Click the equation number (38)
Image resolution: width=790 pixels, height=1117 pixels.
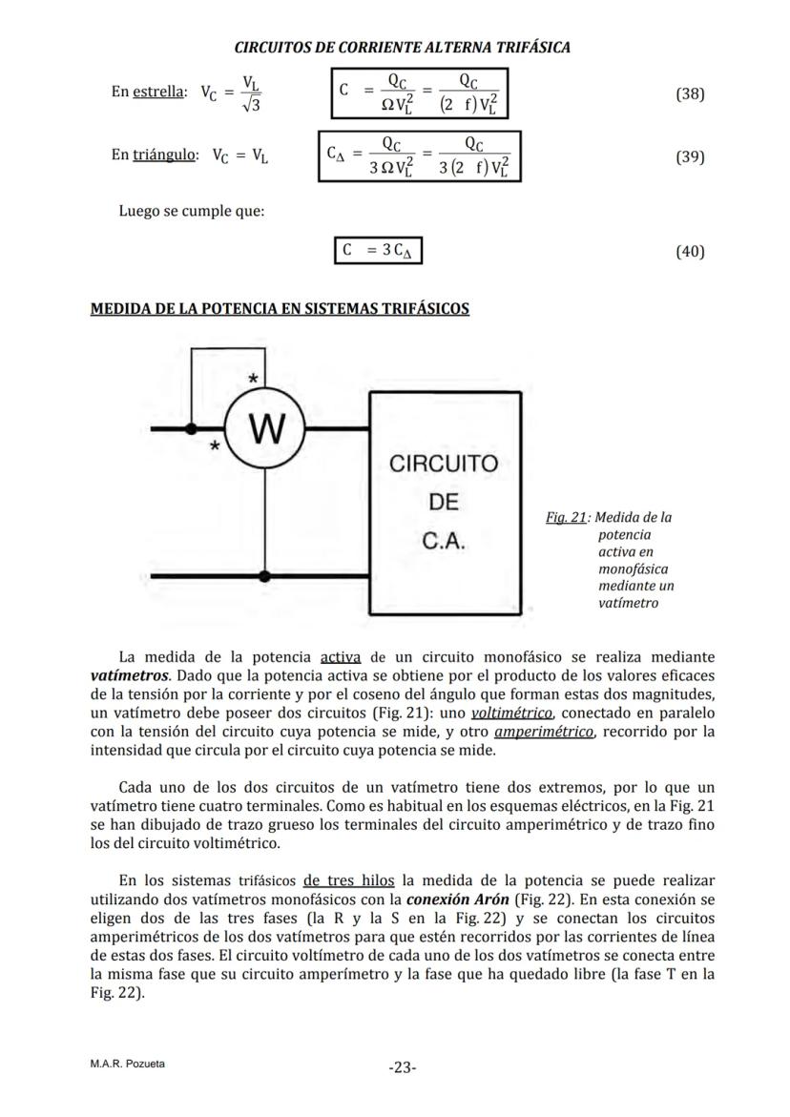(x=689, y=94)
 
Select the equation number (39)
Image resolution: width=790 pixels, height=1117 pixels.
(x=689, y=156)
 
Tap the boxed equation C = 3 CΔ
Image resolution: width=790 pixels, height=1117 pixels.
(x=378, y=251)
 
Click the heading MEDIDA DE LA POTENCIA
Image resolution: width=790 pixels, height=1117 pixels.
(x=279, y=308)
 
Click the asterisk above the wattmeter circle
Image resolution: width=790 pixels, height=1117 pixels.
(x=253, y=380)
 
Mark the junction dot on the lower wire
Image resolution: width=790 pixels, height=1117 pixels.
(x=265, y=576)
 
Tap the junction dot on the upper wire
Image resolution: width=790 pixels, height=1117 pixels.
(x=192, y=429)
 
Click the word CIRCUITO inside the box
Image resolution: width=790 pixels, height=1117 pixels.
(x=443, y=465)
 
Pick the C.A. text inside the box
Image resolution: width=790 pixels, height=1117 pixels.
(x=444, y=542)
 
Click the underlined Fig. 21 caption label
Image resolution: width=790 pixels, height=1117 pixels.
(x=565, y=517)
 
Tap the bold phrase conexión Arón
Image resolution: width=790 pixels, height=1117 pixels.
(x=457, y=899)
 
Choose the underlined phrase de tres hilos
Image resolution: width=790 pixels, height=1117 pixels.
(x=350, y=879)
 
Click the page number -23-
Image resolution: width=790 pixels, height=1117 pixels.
(x=403, y=1067)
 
